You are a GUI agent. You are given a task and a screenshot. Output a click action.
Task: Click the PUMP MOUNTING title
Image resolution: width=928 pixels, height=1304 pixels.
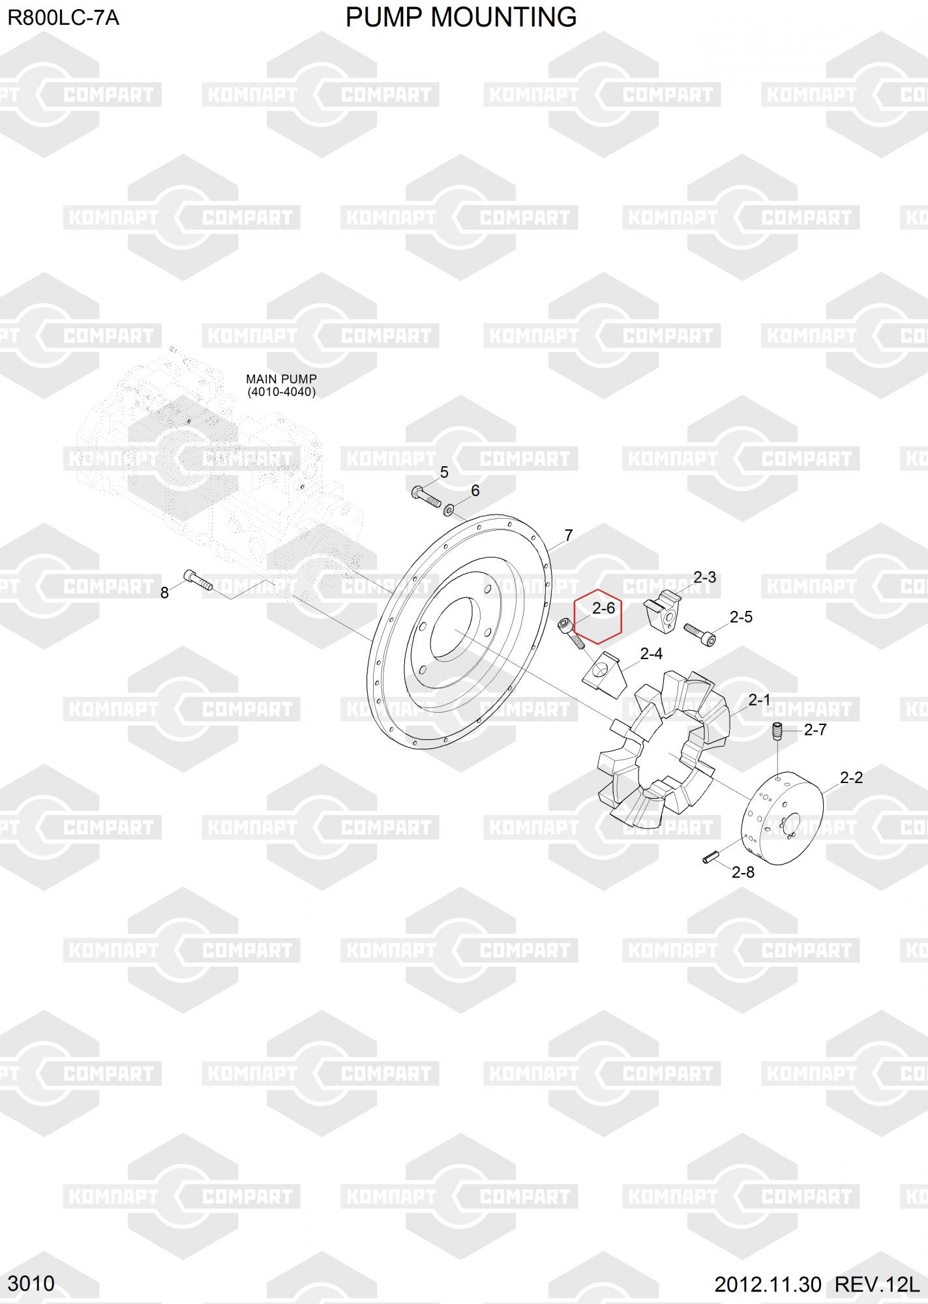(x=461, y=18)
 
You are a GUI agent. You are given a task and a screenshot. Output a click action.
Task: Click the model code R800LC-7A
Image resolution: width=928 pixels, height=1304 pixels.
(x=63, y=18)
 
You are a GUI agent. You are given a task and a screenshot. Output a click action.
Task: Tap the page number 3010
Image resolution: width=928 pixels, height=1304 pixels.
(x=31, y=1283)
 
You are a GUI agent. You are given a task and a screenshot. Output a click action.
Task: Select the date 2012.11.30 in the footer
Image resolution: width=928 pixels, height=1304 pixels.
(x=768, y=1284)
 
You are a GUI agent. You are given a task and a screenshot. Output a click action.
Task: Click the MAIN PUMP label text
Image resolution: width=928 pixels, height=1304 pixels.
(x=281, y=379)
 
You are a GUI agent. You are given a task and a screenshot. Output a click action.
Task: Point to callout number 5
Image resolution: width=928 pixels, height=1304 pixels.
(x=444, y=472)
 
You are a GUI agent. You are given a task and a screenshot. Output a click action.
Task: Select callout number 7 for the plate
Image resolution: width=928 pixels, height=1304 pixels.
(x=568, y=535)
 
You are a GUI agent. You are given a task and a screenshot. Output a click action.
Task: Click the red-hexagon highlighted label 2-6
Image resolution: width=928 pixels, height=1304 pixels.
(x=603, y=608)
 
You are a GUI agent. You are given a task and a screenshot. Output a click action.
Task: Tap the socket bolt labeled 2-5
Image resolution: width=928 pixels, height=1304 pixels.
(x=699, y=634)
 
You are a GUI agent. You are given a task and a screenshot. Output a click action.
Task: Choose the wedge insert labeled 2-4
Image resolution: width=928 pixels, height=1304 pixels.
(x=604, y=674)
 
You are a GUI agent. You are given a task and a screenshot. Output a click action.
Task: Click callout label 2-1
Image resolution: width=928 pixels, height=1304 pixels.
(x=759, y=700)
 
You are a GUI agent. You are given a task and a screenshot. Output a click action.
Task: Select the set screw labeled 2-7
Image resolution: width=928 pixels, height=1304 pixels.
(x=777, y=732)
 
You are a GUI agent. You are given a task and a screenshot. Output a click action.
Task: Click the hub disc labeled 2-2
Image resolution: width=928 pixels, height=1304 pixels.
(x=783, y=818)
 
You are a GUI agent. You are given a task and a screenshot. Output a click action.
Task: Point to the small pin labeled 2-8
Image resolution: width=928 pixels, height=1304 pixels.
(x=710, y=857)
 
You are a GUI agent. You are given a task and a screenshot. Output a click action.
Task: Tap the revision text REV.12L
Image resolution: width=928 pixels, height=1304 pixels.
(x=877, y=1284)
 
